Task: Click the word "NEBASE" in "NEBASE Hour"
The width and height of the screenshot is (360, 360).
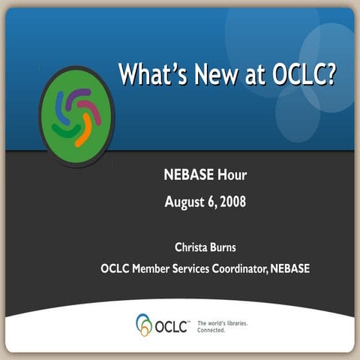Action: tap(189, 176)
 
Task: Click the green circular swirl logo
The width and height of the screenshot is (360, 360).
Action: tap(76, 116)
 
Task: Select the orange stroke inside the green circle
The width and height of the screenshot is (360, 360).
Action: tap(83, 133)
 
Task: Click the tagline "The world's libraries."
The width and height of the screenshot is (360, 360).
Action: tap(222, 322)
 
